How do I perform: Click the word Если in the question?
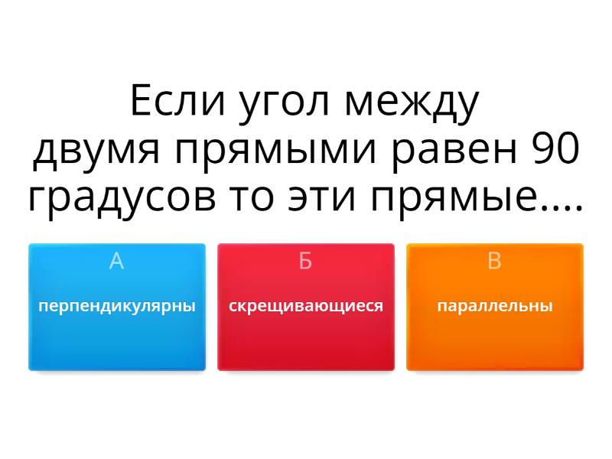tap(178, 101)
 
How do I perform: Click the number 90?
tap(556, 148)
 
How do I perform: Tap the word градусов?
tap(122, 200)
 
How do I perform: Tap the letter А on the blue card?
tap(117, 261)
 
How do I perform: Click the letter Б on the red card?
tap(305, 261)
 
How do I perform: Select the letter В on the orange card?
tap(494, 261)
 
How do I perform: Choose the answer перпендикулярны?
tap(117, 306)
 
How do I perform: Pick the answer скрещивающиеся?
tap(305, 306)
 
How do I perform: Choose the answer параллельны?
tap(494, 306)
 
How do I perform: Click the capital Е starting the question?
tap(140, 101)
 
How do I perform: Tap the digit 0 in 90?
tap(568, 148)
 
